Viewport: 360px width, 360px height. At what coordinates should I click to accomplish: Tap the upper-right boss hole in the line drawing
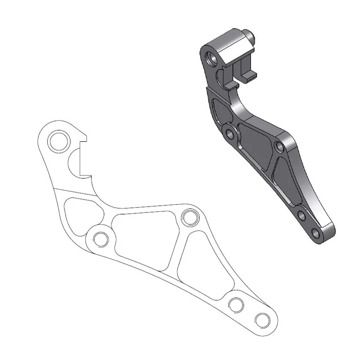pos(189,218)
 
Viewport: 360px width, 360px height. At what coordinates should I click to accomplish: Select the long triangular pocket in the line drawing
pos(202,270)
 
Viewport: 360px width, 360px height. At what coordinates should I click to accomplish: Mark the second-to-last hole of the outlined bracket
pos(236,304)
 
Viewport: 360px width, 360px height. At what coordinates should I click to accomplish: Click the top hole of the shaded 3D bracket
pos(210,58)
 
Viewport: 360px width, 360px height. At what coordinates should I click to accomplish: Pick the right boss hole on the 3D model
pos(279,146)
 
